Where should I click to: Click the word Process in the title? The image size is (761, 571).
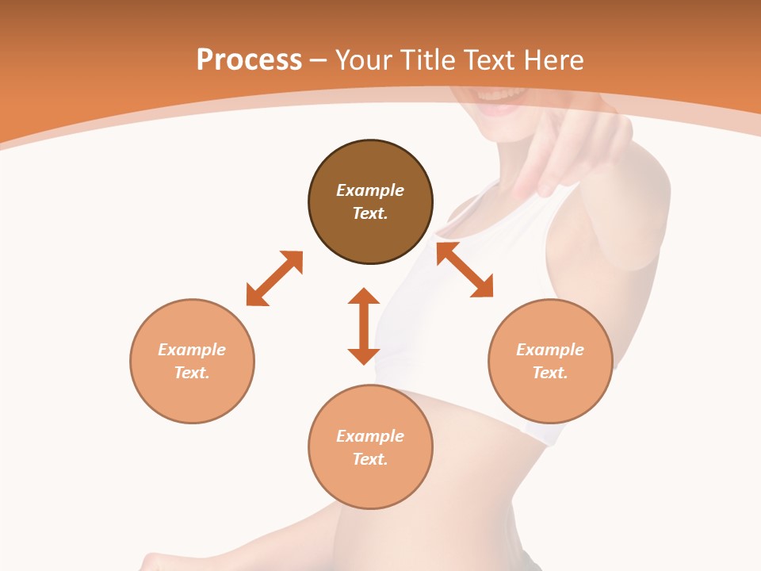tap(249, 60)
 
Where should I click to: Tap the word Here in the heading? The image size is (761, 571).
tap(553, 60)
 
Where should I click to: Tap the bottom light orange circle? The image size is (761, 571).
tap(370, 484)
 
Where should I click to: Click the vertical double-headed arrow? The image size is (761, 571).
tap(364, 326)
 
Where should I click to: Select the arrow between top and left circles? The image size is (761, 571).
tap(274, 278)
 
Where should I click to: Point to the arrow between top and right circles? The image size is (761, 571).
tap(465, 270)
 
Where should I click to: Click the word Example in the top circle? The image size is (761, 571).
tap(370, 190)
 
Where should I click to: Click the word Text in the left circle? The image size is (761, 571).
tap(191, 373)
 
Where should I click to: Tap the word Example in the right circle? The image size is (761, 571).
tap(550, 350)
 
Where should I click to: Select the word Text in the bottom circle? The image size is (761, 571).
tap(369, 459)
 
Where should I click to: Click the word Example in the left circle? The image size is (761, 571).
tap(192, 350)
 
